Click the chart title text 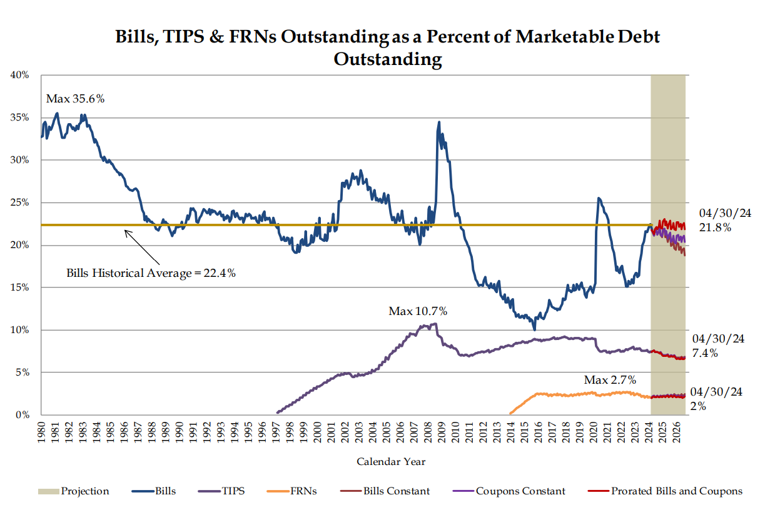[x=387, y=47]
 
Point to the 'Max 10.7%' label [x=418, y=311]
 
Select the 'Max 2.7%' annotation [x=610, y=379]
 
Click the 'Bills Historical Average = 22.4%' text [x=151, y=273]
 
